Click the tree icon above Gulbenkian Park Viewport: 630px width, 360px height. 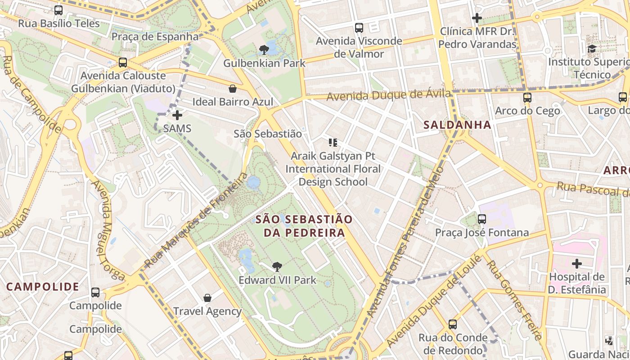coord(264,49)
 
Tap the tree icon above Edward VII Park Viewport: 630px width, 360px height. coord(277,267)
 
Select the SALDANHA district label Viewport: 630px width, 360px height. coord(457,125)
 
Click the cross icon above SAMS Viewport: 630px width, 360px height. coord(177,115)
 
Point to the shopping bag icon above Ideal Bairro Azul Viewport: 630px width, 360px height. coord(233,89)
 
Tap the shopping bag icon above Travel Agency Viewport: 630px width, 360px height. coord(207,298)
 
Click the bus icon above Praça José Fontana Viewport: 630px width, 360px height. coord(482,219)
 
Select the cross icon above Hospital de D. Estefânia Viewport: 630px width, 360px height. coord(577,263)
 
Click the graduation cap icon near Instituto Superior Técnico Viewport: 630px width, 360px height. coord(592,49)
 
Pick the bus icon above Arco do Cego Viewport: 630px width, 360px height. coord(527,97)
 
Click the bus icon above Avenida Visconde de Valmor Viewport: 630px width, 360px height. coord(359,27)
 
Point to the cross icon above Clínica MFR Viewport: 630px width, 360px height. coord(477,18)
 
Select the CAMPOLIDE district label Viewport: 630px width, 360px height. coord(43,287)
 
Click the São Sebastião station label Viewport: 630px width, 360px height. coord(268,134)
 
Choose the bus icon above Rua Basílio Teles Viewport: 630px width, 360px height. coord(58,10)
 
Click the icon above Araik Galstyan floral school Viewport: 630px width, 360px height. coord(333,143)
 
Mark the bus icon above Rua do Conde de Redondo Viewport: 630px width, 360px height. coord(453,324)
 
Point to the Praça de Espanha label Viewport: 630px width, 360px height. coord(155,37)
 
